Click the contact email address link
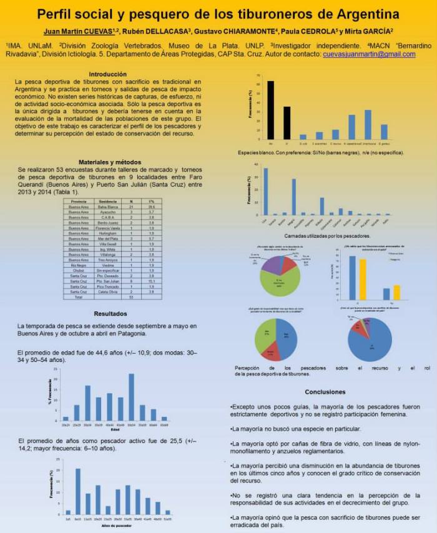coord(369,54)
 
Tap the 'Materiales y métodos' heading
coord(108,162)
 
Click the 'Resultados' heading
coord(110,313)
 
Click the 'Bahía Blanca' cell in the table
coord(109,207)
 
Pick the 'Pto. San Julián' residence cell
coord(109,281)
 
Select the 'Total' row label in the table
coord(79,297)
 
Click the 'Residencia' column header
coord(109,202)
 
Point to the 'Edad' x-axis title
coord(115,429)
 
